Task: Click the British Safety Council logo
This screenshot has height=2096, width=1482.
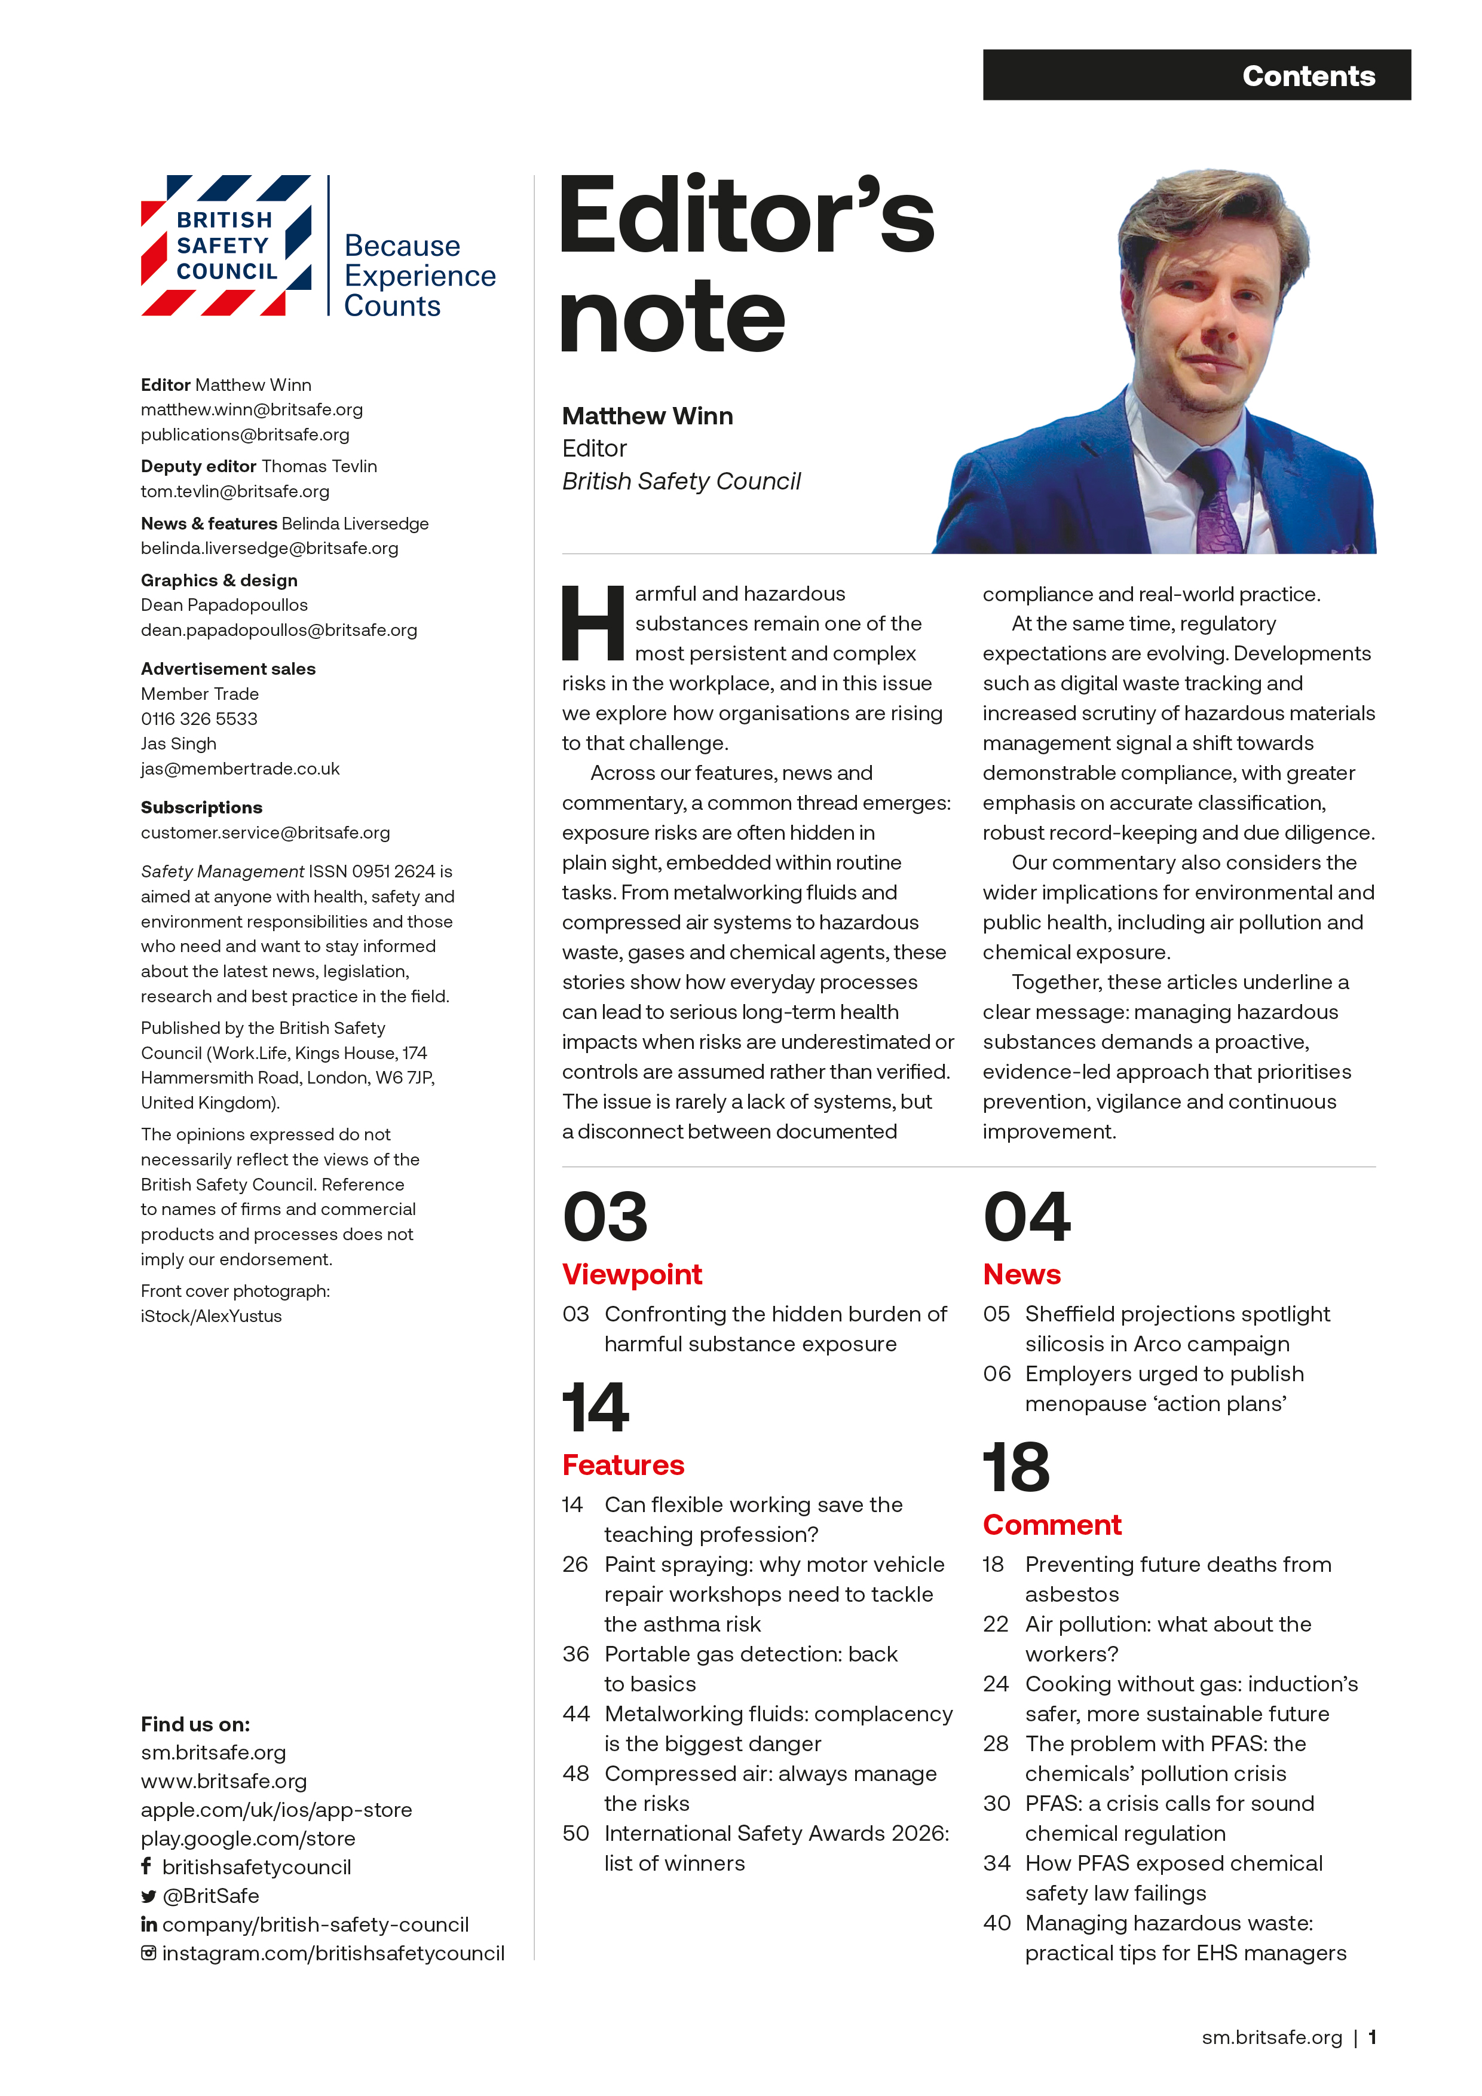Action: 226,246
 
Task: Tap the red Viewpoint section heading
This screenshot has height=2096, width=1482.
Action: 632,1274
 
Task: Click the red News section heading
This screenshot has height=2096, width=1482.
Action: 1021,1274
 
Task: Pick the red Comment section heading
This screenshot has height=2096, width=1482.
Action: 1051,1525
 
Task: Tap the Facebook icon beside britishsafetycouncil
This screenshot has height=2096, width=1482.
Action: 146,1866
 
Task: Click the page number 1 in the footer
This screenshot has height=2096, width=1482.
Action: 1371,2037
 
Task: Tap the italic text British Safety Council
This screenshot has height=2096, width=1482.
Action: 681,481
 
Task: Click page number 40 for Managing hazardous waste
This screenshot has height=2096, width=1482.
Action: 997,1923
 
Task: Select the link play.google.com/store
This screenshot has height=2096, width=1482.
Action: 248,1838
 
